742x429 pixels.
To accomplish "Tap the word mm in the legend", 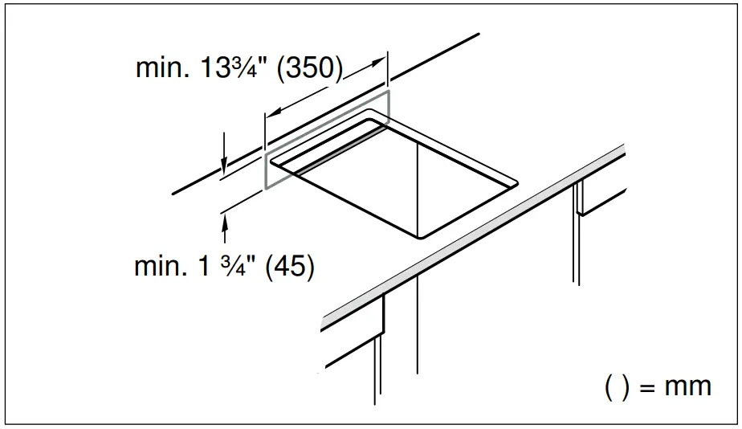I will (x=687, y=386).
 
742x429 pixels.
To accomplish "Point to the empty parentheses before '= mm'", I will (x=616, y=386).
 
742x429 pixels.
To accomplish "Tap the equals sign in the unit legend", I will (x=645, y=386).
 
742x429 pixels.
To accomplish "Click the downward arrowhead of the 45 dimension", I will (x=224, y=165).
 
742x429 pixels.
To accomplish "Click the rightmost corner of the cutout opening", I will (x=516, y=183).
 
